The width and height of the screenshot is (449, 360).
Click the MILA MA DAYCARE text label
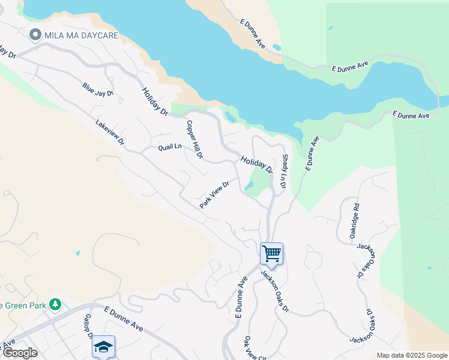(x=80, y=35)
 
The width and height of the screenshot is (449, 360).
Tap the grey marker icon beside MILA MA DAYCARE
(x=35, y=35)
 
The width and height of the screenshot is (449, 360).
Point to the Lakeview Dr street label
(x=109, y=133)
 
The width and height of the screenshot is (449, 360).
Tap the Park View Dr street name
(x=215, y=195)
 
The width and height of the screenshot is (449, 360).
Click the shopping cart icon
(x=271, y=253)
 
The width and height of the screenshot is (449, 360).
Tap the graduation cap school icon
(x=103, y=346)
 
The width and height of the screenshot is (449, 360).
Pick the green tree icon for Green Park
(x=55, y=304)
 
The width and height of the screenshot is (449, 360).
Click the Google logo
(x=20, y=353)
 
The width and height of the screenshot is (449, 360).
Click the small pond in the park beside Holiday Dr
(x=249, y=186)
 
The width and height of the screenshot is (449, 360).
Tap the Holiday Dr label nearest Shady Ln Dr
(x=257, y=164)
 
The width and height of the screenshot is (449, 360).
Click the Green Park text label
(x=23, y=305)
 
